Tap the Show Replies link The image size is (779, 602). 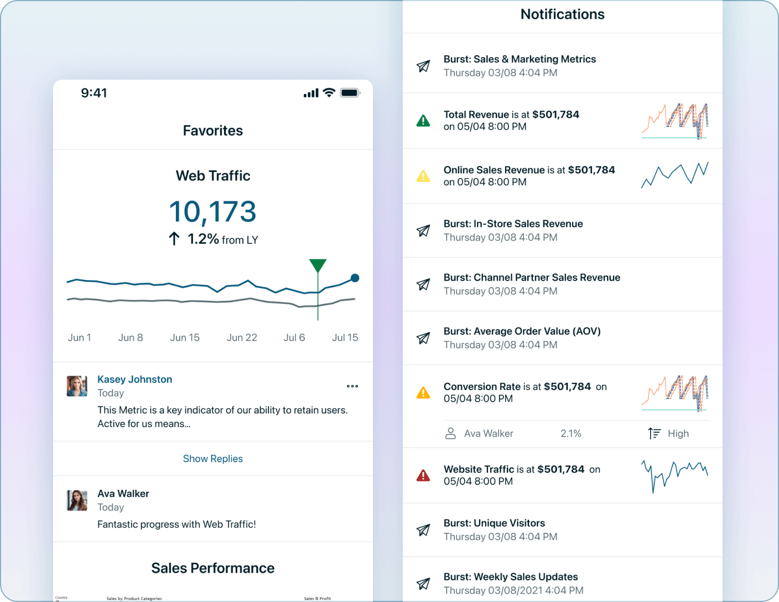point(212,459)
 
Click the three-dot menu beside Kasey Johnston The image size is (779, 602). point(352,386)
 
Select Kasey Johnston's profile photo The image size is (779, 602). point(77,386)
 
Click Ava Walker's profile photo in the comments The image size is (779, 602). point(77,500)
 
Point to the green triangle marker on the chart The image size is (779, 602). point(318,265)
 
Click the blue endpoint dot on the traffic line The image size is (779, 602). point(355,278)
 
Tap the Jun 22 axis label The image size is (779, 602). point(242,338)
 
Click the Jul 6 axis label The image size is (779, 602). point(294,338)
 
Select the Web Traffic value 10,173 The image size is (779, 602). point(212,212)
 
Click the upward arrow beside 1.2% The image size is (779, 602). point(174,239)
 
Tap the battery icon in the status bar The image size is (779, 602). point(350,93)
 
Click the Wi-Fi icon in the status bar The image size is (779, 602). point(329,92)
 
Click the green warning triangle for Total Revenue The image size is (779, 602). point(423,121)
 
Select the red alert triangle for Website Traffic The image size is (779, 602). point(423,475)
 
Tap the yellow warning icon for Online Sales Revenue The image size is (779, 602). point(423,177)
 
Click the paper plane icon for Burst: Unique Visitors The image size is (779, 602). point(423,530)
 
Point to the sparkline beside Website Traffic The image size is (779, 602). point(674,475)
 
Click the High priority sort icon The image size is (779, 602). point(655,434)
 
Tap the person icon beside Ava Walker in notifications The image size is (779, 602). point(450,434)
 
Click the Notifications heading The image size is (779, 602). point(562,14)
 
